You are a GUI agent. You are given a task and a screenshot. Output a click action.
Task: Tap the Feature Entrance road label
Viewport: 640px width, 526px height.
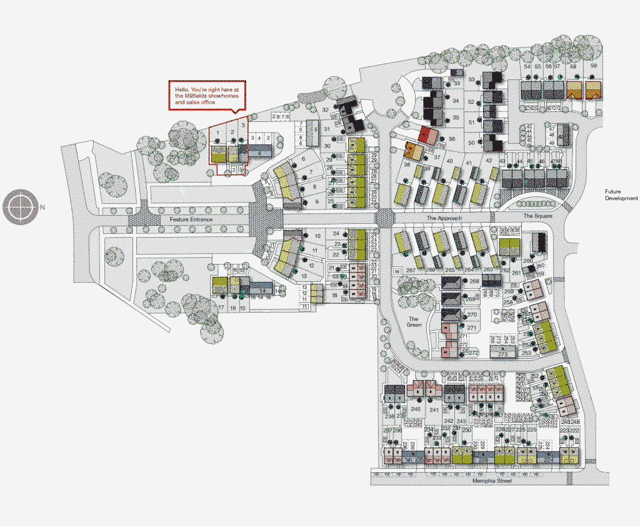(191, 220)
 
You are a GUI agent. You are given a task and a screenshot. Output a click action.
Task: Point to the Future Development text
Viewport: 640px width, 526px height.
(621, 195)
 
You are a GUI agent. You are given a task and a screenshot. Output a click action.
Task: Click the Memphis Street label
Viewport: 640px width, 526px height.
(491, 482)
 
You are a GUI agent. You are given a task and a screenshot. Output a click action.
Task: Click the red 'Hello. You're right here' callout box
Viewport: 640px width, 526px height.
(208, 95)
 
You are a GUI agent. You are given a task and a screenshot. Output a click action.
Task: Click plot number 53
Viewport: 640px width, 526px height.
(472, 79)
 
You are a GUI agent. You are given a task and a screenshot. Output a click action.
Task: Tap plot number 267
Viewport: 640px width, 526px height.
(411, 270)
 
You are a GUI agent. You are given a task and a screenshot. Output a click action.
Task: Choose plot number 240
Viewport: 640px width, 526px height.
(416, 409)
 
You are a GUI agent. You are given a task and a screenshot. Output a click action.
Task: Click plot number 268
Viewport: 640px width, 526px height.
(474, 281)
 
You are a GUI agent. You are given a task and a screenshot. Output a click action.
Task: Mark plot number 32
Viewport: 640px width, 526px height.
(325, 110)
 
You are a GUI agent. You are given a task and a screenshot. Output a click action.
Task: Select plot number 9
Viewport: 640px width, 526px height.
(317, 201)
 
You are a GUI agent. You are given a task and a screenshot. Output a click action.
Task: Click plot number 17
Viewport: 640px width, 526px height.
(221, 308)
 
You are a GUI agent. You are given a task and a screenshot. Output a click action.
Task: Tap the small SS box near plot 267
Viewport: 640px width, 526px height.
(396, 271)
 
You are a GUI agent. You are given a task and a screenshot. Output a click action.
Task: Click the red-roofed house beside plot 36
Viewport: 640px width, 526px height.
(427, 134)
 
